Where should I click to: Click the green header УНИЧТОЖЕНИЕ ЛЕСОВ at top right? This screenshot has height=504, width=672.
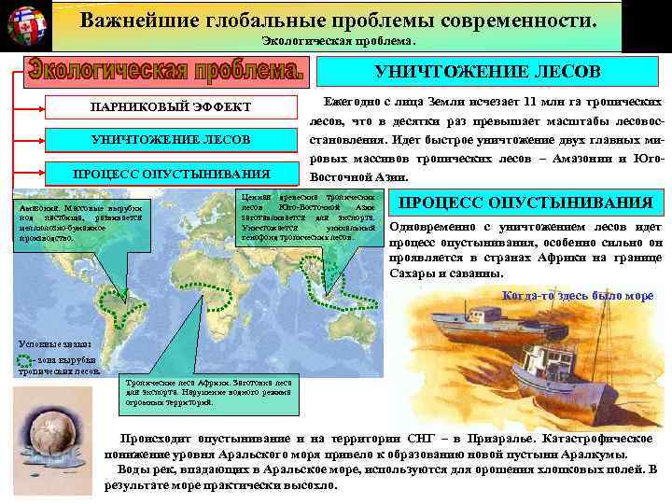click(x=487, y=72)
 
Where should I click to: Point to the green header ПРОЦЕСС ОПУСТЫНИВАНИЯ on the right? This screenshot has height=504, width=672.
click(x=526, y=203)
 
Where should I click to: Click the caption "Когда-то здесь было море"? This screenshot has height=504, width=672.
click(x=578, y=296)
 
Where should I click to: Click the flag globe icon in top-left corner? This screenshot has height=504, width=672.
click(x=27, y=25)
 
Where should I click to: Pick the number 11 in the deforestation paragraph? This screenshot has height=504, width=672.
click(x=529, y=102)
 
